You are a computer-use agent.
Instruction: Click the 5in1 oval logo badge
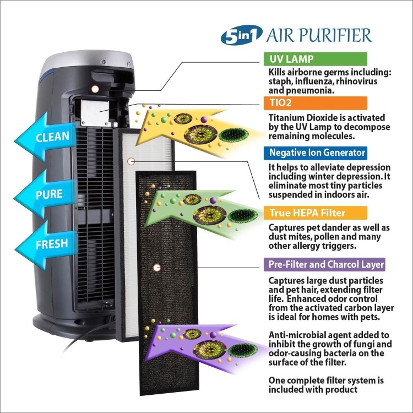click(x=241, y=37)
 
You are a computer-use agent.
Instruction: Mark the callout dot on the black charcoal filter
click(x=157, y=268)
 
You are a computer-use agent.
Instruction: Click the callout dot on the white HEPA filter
click(x=131, y=161)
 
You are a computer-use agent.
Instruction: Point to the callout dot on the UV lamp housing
click(x=95, y=89)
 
